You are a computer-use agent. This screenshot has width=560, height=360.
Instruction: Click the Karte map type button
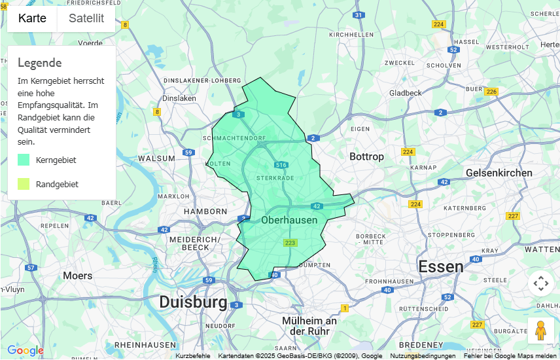pyautogui.click(x=32, y=18)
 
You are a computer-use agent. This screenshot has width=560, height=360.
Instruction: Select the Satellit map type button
pyautogui.click(x=86, y=18)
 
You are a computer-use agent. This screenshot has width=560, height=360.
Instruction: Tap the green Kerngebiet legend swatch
pyautogui.click(x=24, y=160)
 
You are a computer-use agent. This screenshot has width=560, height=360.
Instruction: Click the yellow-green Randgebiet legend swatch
pyautogui.click(x=24, y=184)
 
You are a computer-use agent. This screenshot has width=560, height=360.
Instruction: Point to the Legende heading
pyautogui.click(x=39, y=63)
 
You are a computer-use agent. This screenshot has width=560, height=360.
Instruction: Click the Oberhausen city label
pyautogui.click(x=289, y=220)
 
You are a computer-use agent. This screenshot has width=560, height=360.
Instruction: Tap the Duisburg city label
pyautogui.click(x=193, y=302)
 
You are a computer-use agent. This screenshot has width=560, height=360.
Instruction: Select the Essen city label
pyautogui.click(x=441, y=266)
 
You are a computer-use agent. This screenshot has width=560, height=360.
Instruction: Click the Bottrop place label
pyautogui.click(x=366, y=156)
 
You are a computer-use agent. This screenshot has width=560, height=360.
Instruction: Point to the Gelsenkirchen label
pyautogui.click(x=499, y=173)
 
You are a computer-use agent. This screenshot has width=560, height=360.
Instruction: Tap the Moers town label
pyautogui.click(x=77, y=276)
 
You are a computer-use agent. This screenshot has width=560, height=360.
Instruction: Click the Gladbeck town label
pyautogui.click(x=405, y=93)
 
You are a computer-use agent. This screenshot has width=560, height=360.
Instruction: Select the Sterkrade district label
pyautogui.click(x=275, y=177)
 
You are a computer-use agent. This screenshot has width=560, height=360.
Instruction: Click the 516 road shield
pyautogui.click(x=281, y=165)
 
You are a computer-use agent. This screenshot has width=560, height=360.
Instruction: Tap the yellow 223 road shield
pyautogui.click(x=290, y=243)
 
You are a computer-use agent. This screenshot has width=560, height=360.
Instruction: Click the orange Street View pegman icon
pyautogui.click(x=540, y=331)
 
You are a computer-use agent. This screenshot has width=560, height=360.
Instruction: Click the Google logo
pyautogui.click(x=26, y=351)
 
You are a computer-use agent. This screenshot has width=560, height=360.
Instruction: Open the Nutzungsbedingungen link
pyautogui.click(x=423, y=356)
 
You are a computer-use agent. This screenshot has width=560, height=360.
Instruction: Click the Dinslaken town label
pyautogui.click(x=179, y=98)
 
